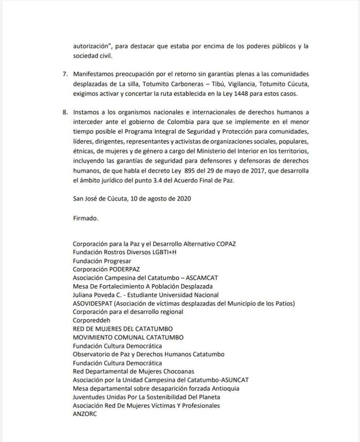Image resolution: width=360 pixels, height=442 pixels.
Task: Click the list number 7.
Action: pos(64,74)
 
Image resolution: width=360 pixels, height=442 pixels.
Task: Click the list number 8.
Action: pos(64,112)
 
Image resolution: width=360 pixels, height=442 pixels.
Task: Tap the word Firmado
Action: pos(85,218)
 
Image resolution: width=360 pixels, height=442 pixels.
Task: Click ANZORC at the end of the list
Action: pos(85,414)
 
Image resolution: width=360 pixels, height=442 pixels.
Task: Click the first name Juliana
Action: pos(83,295)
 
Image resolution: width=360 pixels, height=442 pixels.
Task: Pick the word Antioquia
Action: pos(225,388)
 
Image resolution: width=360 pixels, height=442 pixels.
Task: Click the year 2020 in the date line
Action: pos(184,198)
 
